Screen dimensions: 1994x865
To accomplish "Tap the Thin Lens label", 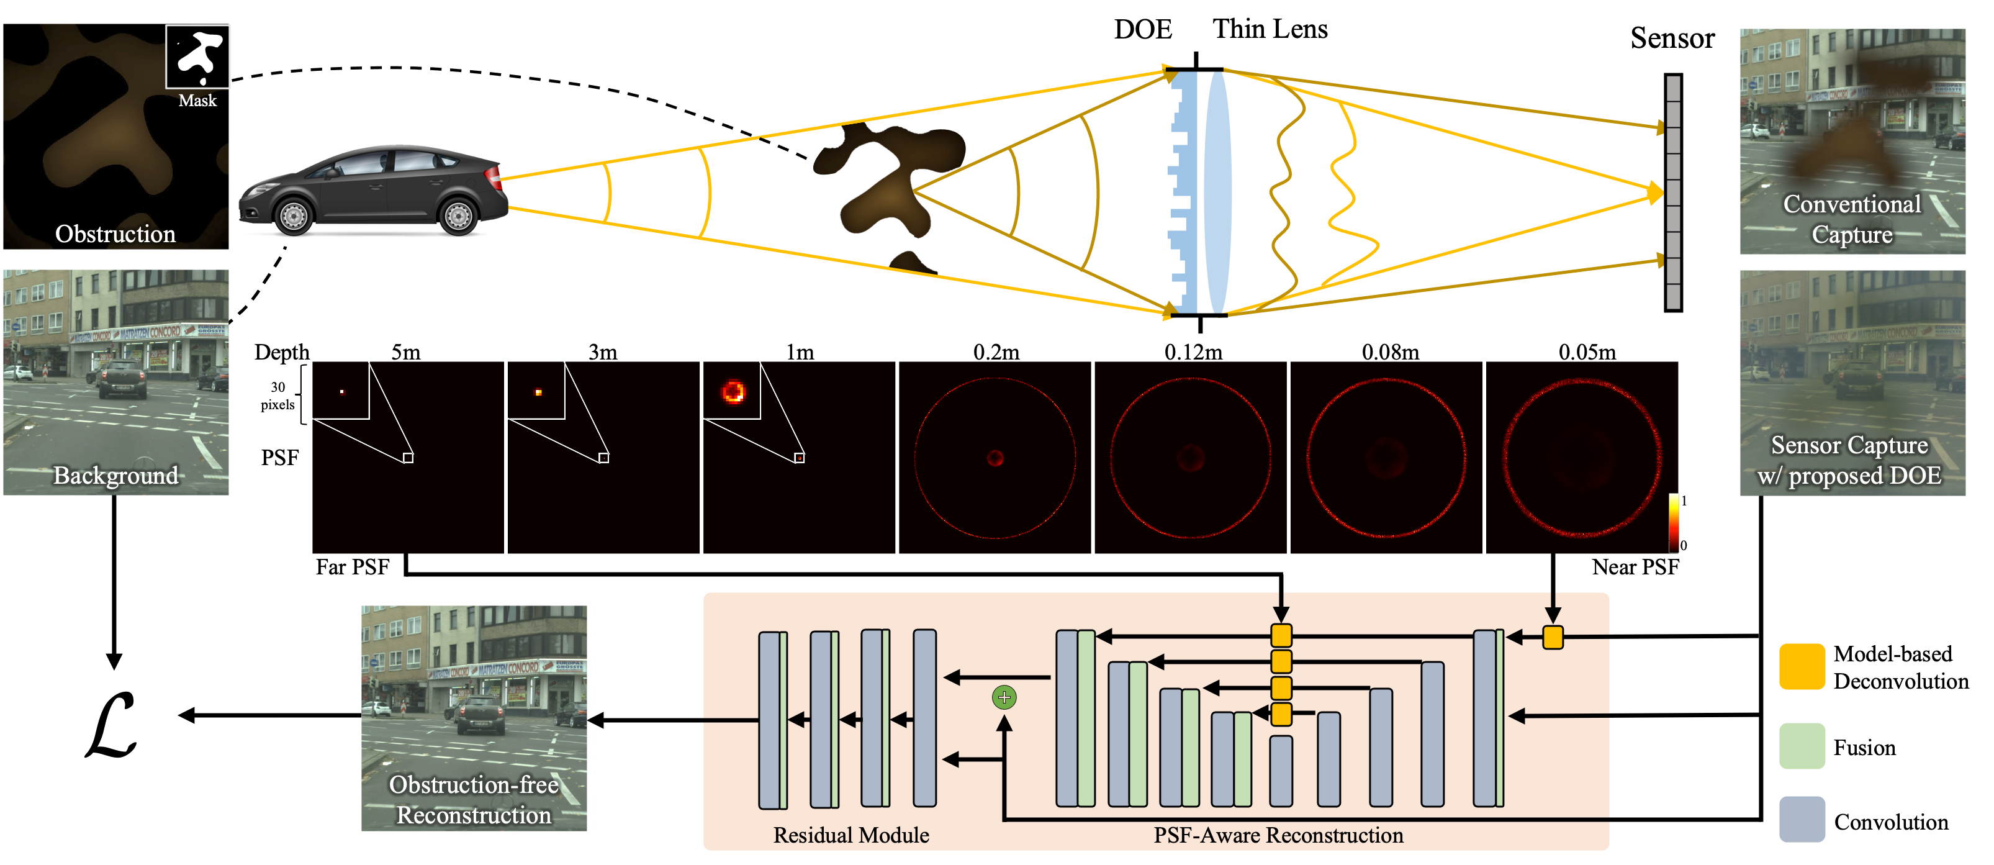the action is [1270, 29].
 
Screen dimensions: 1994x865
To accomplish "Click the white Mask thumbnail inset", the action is [197, 57].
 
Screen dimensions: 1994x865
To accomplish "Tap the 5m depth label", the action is [405, 352].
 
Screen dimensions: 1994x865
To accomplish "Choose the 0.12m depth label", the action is [1193, 352].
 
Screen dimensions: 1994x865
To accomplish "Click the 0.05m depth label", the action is [1587, 352].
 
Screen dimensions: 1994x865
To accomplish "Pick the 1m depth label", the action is [800, 352].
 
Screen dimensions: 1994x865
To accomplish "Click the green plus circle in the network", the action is [1004, 697].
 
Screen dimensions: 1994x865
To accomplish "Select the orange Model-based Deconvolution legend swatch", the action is [1802, 666].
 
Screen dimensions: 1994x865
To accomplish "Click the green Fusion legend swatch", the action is [1802, 746].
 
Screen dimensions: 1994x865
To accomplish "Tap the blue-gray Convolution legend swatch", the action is [1802, 819].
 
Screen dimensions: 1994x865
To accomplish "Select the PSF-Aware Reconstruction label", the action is [1278, 835].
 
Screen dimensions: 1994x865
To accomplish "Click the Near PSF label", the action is [1635, 567].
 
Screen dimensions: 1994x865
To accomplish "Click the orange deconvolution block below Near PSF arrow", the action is [1553, 637].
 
